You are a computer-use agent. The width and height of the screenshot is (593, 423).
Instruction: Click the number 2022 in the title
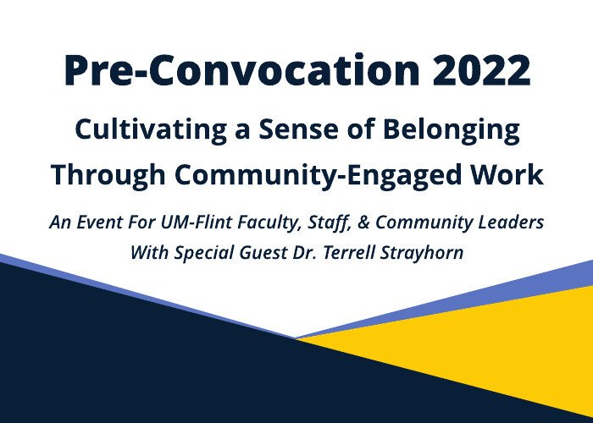tap(481, 70)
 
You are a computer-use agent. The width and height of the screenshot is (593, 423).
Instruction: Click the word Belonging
tap(452, 130)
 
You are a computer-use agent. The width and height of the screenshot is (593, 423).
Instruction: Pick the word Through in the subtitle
tap(108, 175)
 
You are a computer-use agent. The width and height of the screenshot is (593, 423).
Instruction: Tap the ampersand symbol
tap(363, 222)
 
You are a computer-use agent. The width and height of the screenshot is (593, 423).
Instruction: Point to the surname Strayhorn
tap(421, 253)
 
